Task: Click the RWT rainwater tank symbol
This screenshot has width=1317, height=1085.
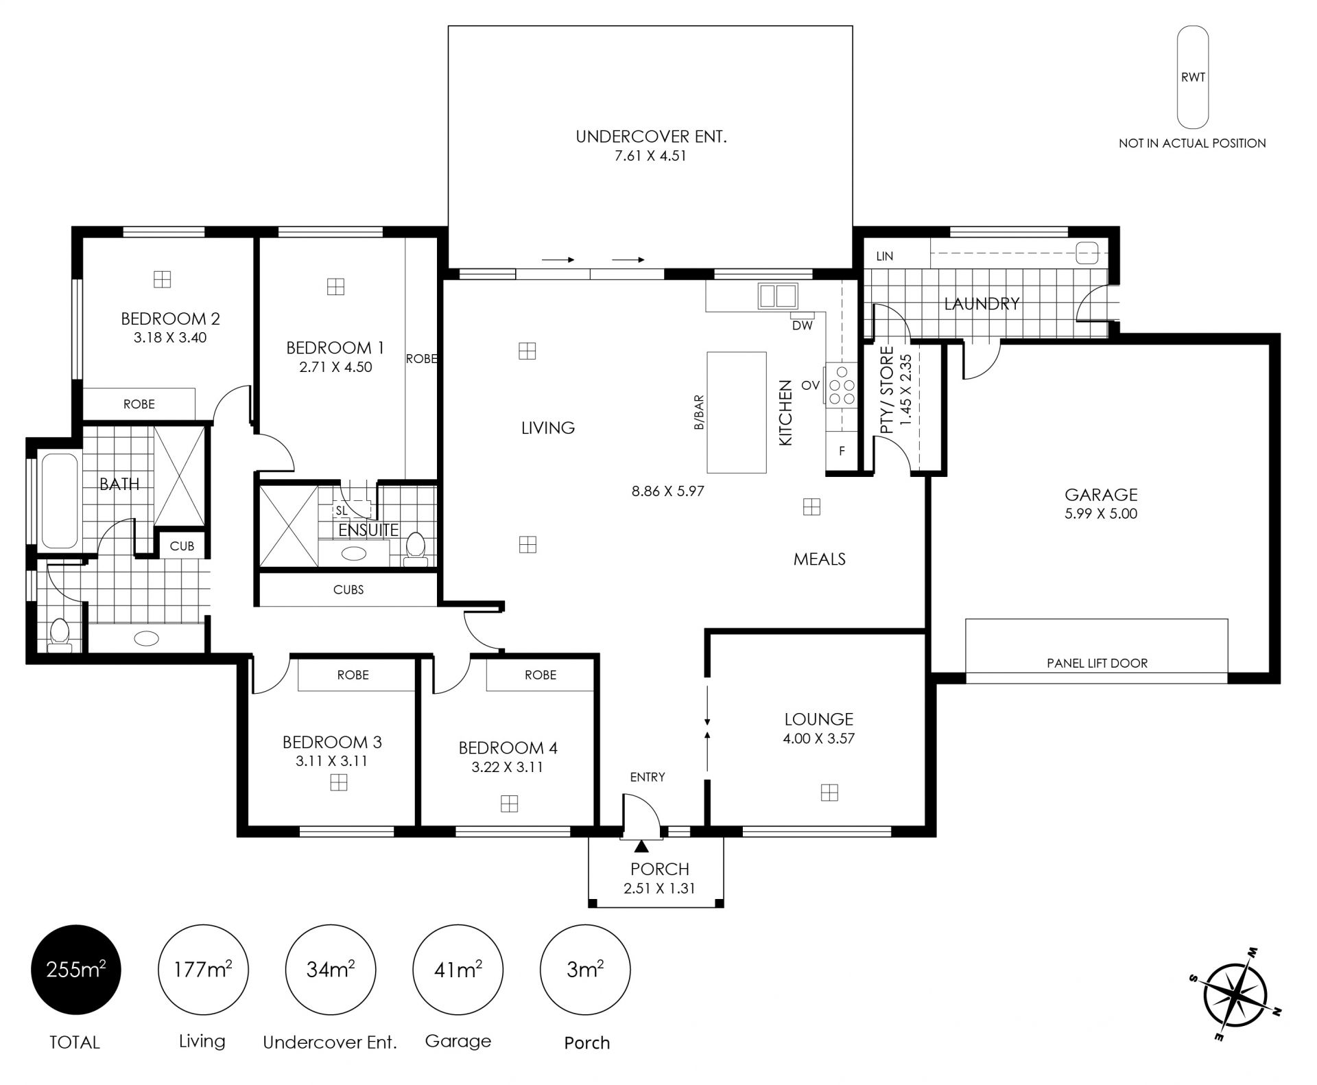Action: [x=1193, y=78]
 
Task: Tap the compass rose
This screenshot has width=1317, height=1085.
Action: [x=1235, y=994]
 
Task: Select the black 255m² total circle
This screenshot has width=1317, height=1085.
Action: [x=75, y=970]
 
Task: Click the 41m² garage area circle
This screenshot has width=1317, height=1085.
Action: [x=458, y=970]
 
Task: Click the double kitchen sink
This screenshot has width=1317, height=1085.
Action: [x=777, y=296]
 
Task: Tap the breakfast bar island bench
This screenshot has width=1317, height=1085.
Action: [x=737, y=412]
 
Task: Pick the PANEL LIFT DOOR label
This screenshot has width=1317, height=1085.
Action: [x=1097, y=663]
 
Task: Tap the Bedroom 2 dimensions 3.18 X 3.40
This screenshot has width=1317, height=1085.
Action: [x=170, y=338]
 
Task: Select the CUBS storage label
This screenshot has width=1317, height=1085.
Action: [x=348, y=590]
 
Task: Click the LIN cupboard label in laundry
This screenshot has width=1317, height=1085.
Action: [x=885, y=256]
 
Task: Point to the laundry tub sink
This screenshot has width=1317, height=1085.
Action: [x=1087, y=253]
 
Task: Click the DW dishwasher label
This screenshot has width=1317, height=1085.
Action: [x=802, y=325]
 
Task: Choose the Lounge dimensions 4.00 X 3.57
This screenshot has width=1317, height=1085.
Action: [x=818, y=738]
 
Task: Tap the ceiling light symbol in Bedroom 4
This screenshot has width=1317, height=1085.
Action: [x=509, y=803]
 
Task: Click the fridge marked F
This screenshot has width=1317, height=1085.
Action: [x=842, y=451]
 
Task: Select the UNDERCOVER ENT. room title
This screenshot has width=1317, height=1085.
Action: [x=651, y=137]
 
